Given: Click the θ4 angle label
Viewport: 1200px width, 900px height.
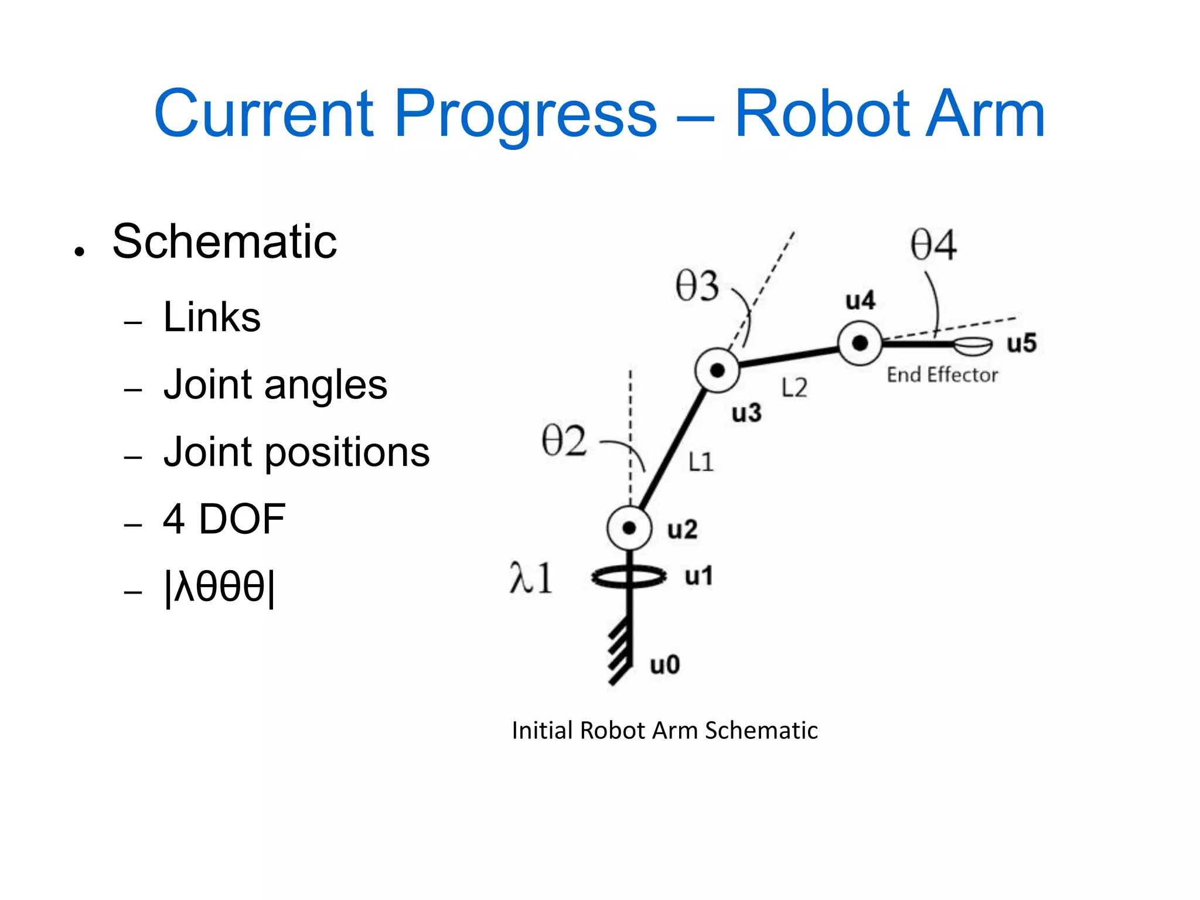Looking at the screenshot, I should pos(933,245).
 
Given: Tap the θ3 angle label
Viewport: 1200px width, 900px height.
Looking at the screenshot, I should pos(697,287).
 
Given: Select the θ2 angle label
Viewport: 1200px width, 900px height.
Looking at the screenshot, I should pos(564,441).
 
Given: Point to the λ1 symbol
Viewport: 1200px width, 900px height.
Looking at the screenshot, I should pos(531,578).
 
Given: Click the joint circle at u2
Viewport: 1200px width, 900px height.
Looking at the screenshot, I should pos(629,528).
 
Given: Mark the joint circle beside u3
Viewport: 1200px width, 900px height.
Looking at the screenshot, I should pos(717,370).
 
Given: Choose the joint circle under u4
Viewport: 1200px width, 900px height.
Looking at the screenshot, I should pos(860,343).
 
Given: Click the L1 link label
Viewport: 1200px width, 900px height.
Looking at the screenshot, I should pos(701,462).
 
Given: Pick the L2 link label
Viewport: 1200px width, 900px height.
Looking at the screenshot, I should pos(795,388).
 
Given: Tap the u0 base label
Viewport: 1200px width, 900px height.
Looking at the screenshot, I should pos(665,665).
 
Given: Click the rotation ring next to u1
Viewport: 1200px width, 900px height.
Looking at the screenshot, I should pos(629,577).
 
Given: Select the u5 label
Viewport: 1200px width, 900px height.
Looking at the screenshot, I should pos(1021,343).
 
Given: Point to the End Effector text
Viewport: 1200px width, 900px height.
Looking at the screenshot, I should pos(942,375).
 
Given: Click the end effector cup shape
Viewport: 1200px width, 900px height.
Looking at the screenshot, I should pos(973,346).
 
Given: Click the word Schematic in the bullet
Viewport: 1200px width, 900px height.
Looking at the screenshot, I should pos(224,241).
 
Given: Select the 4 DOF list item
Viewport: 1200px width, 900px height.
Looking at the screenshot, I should pos(224,519).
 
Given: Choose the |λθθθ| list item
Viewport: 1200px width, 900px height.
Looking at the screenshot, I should pos(219,587).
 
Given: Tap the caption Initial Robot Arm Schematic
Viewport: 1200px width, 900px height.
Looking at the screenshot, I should pos(664,731).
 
